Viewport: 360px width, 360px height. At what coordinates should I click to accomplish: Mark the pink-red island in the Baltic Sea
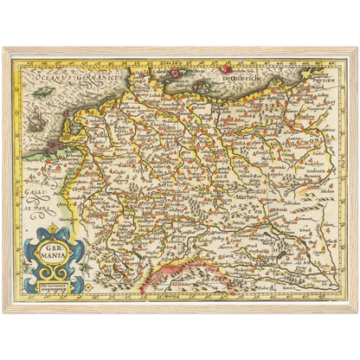226,65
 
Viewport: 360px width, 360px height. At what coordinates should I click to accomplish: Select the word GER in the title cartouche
55,238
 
